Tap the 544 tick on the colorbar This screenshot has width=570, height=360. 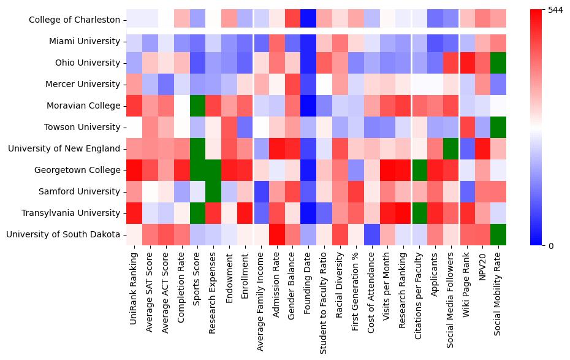click(x=556, y=10)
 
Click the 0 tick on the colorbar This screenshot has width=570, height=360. click(x=551, y=246)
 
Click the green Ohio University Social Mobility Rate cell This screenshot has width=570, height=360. click(x=498, y=63)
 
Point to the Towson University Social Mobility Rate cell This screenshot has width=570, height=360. click(x=498, y=128)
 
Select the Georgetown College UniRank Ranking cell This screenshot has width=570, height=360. click(x=134, y=170)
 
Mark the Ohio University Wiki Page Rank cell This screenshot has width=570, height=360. click(x=466, y=63)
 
